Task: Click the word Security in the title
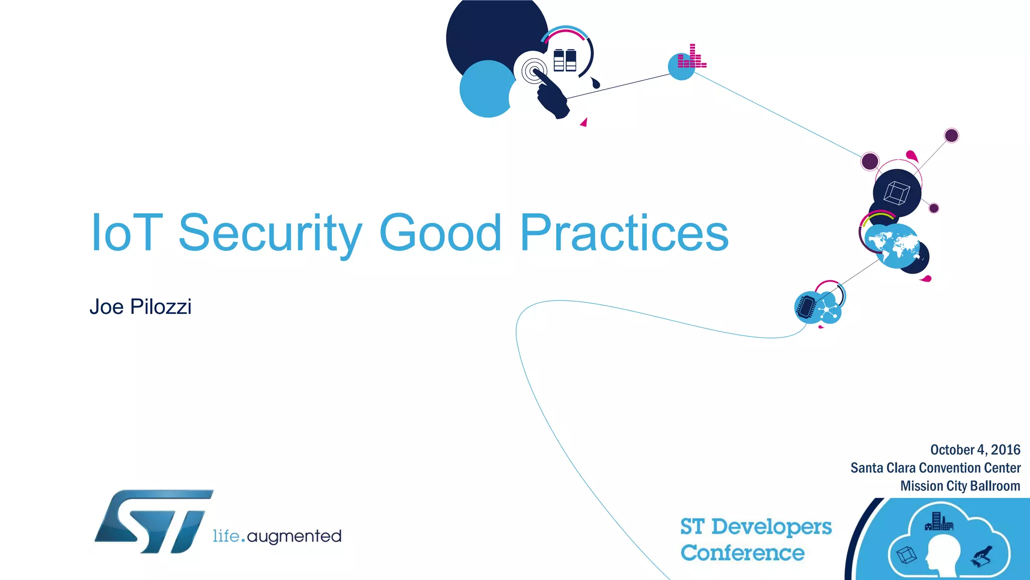tap(270, 233)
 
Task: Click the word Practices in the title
tap(624, 233)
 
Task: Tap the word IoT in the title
tap(127, 233)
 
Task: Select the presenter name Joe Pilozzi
tap(140, 307)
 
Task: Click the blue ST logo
tap(154, 522)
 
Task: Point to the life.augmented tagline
tap(277, 536)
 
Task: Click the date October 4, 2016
tap(975, 450)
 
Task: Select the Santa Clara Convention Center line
tap(935, 468)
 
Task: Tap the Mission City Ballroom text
tap(960, 486)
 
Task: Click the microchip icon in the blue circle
tap(807, 306)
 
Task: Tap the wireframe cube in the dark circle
tap(897, 193)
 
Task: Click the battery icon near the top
tap(564, 60)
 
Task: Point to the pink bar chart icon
tap(692, 57)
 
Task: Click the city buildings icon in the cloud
tap(938, 522)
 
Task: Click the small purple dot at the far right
tap(951, 135)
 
